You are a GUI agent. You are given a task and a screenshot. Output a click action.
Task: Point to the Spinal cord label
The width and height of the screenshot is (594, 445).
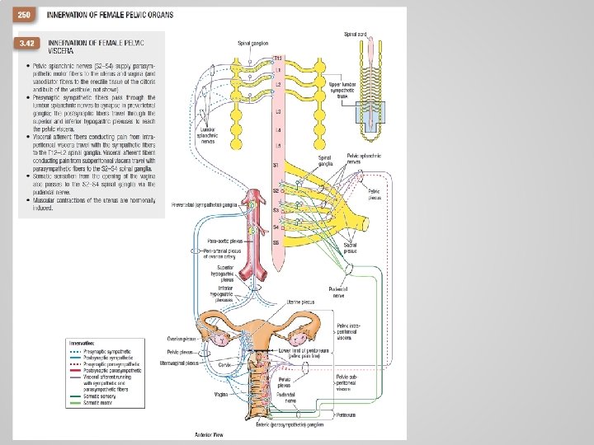356,33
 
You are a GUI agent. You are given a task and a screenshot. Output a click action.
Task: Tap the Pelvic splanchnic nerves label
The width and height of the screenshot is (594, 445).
364,157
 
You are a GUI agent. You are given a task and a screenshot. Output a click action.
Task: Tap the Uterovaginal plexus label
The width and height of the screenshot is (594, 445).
181,362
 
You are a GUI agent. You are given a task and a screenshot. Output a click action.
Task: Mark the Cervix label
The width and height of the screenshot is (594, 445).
224,363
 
